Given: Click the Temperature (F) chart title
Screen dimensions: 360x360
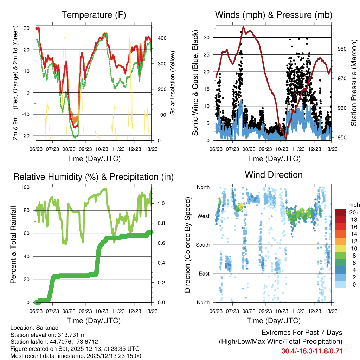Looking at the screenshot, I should point(94,15).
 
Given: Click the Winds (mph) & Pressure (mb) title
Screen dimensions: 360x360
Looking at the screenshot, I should point(274,15).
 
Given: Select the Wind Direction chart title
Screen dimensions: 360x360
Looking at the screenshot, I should point(274,174).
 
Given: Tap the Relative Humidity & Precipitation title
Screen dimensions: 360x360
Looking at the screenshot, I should point(94,176).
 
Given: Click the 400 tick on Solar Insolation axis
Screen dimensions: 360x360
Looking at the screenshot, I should point(158,38).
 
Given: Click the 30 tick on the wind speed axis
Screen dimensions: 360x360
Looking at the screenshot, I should point(209,37).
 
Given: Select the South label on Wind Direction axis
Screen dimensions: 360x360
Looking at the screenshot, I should point(203,245).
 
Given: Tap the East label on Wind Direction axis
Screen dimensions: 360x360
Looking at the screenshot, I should point(204,274).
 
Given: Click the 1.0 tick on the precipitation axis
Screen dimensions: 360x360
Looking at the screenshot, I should point(160,203).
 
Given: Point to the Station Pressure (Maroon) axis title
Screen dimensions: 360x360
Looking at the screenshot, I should point(354,82).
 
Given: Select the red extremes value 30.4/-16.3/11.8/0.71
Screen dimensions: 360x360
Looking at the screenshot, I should point(312,351).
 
